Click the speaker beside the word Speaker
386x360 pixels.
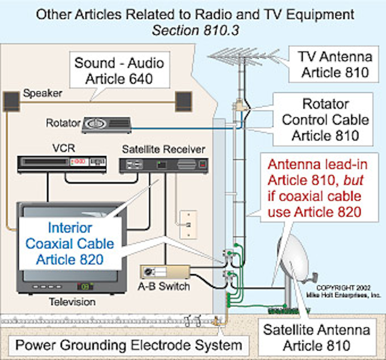[x=12, y=101]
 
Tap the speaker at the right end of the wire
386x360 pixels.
[x=184, y=101]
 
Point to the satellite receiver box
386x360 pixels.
[x=163, y=165]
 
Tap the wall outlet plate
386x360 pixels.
[x=188, y=225]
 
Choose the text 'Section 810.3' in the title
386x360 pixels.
[x=195, y=31]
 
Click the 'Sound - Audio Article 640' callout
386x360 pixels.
[x=119, y=71]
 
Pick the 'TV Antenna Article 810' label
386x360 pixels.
[x=335, y=64]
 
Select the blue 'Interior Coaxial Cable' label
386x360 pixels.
[x=70, y=243]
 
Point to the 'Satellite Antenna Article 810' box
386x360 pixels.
[x=317, y=338]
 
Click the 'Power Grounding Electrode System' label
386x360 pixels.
[x=129, y=346]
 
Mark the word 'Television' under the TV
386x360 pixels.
[x=72, y=302]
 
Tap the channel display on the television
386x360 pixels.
[x=84, y=286]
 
